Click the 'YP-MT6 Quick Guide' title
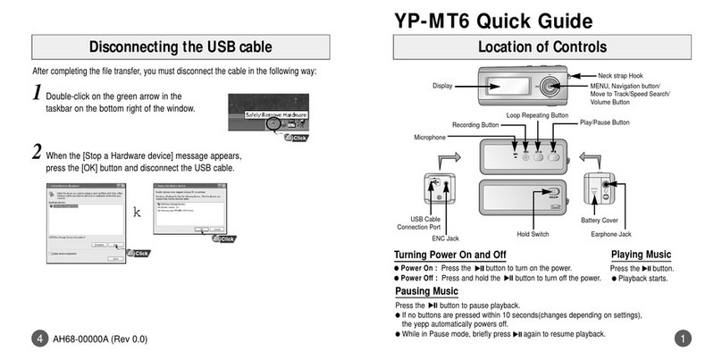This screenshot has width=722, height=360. [x=491, y=19]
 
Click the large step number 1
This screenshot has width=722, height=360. [x=37, y=92]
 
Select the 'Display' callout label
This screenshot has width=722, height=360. [x=442, y=87]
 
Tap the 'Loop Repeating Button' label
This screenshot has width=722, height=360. [x=537, y=115]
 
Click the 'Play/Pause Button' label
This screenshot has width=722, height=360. [x=605, y=122]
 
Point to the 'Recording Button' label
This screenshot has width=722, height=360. [x=474, y=125]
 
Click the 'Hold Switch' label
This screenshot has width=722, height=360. [x=533, y=233]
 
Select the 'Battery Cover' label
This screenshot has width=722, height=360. [x=600, y=219]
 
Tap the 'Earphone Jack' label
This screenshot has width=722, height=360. [x=611, y=234]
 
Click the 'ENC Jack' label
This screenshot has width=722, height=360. [x=445, y=239]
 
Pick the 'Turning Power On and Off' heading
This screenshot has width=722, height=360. [x=450, y=255]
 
